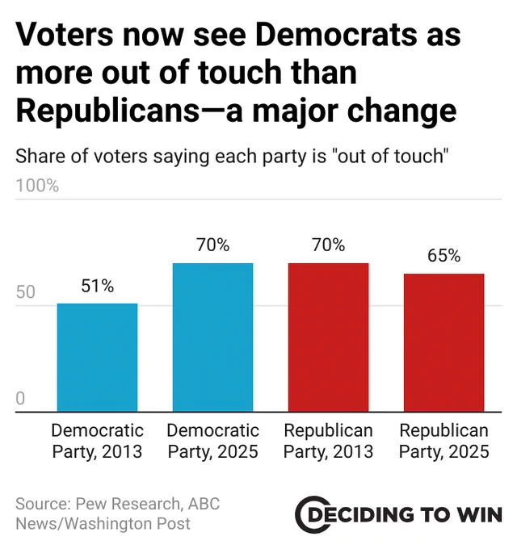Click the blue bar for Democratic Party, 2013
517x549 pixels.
pyautogui.click(x=97, y=358)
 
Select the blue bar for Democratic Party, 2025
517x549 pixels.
pyautogui.click(x=212, y=337)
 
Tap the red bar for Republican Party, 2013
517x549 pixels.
pyautogui.click(x=328, y=337)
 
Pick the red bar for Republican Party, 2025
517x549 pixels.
pyautogui.click(x=443, y=343)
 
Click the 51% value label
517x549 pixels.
pyautogui.click(x=97, y=286)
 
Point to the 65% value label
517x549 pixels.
pyautogui.click(x=443, y=256)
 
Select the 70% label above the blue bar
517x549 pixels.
pyautogui.click(x=212, y=245)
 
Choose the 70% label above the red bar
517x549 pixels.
pyautogui.click(x=328, y=245)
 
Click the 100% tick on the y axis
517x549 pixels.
pyautogui.click(x=37, y=186)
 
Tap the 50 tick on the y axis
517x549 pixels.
pyautogui.click(x=26, y=292)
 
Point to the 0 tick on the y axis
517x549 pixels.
pyautogui.click(x=21, y=399)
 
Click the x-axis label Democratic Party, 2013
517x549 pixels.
pyautogui.click(x=97, y=441)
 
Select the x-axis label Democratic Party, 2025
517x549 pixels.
pyautogui.click(x=212, y=441)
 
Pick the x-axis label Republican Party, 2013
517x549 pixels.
pyautogui.click(x=328, y=441)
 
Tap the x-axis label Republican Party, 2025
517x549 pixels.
pyautogui.click(x=443, y=441)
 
